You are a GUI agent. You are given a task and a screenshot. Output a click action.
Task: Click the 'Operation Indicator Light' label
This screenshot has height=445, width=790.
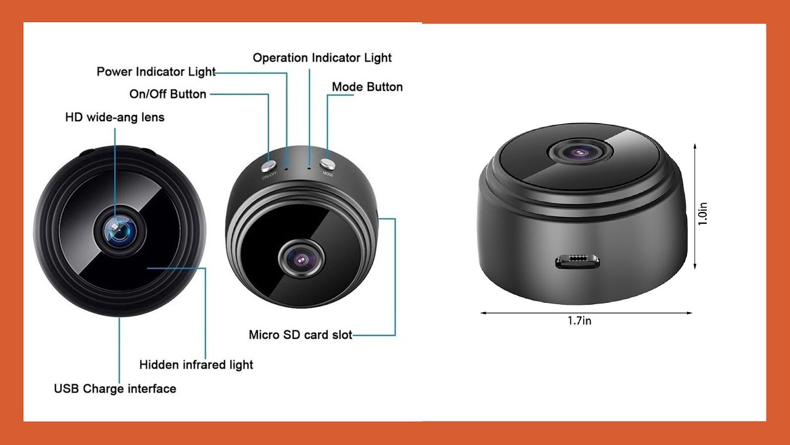point(322,58)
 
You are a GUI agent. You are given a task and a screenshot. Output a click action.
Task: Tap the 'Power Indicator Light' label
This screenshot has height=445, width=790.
point(156,72)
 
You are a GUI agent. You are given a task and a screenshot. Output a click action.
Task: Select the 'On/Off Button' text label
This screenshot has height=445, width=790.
point(167,94)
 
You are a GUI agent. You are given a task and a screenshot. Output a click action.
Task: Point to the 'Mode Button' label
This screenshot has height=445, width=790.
point(367,87)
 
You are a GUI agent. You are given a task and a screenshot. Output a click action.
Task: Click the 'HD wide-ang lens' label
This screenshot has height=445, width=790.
point(115,117)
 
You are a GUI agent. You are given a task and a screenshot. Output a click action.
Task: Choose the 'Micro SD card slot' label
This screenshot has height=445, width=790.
point(301,335)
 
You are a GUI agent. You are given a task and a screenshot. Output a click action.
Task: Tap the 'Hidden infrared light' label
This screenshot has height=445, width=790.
point(196,365)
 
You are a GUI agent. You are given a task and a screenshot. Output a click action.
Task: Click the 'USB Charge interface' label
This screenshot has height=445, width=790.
point(115,389)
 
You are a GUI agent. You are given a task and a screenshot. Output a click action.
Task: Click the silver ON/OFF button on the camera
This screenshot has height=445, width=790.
point(268,166)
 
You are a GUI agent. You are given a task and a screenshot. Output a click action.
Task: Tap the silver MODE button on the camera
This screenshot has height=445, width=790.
point(327,164)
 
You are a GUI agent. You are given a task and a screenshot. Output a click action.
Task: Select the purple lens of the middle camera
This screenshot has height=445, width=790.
point(302,260)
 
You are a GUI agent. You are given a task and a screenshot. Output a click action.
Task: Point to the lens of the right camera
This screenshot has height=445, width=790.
point(580,152)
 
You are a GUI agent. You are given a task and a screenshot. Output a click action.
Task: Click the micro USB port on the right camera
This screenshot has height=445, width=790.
point(577,261)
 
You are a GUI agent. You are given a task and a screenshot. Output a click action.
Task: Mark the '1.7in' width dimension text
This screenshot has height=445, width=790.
point(580,321)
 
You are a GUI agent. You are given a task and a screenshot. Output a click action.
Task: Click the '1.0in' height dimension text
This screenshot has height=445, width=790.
point(702,214)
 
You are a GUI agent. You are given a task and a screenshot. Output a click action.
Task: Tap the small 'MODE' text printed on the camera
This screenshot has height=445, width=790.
point(328,174)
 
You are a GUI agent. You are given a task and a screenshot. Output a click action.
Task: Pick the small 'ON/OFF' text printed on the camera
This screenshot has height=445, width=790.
point(270,175)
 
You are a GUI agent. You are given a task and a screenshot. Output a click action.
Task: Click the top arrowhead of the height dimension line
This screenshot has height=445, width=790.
point(695,146)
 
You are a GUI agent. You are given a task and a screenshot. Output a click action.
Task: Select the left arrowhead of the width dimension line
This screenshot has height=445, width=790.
point(484,313)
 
